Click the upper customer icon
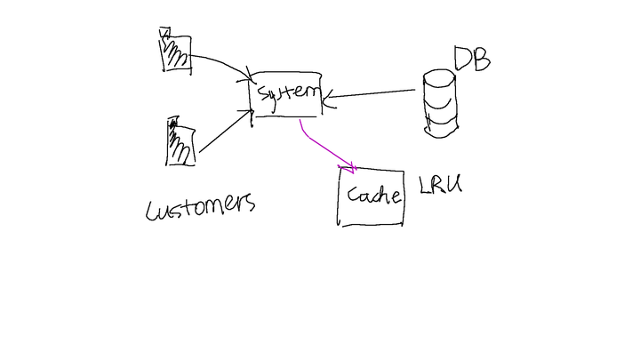(x=175, y=51)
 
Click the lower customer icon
(x=180, y=142)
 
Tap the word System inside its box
(x=286, y=92)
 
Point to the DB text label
(x=472, y=58)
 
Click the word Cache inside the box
(x=373, y=196)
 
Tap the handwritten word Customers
(x=201, y=206)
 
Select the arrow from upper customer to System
(x=220, y=62)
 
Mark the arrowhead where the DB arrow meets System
(x=327, y=99)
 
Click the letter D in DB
(x=462, y=59)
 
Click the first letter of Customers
(x=153, y=210)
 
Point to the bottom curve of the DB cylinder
(x=442, y=133)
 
